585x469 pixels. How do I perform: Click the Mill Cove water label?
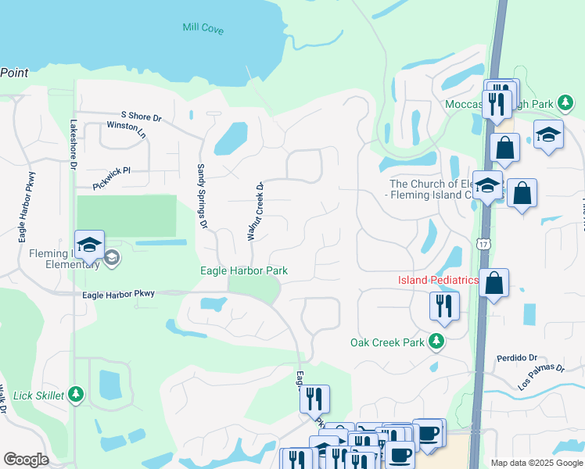pyautogui.click(x=203, y=29)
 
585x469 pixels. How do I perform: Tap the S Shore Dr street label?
pyautogui.click(x=140, y=117)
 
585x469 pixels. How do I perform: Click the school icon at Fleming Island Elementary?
pyautogui.click(x=89, y=243)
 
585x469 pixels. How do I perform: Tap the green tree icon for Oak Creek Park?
pyautogui.click(x=436, y=342)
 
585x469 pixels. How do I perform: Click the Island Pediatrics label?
pyautogui.click(x=438, y=280)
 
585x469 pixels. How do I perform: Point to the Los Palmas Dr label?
pyautogui.click(x=540, y=378)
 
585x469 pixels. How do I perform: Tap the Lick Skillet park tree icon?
pyautogui.click(x=76, y=395)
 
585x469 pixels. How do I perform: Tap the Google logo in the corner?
pyautogui.click(x=26, y=460)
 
